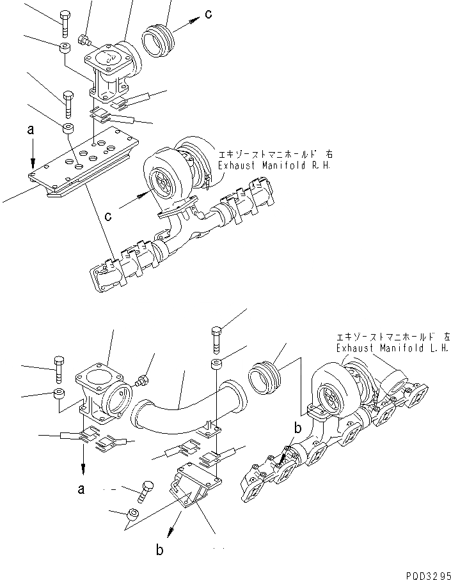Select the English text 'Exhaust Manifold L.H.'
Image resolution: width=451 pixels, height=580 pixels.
[392, 349]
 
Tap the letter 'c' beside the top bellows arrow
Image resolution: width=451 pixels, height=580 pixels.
[209, 13]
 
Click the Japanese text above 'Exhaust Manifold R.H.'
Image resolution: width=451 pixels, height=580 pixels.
[274, 155]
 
